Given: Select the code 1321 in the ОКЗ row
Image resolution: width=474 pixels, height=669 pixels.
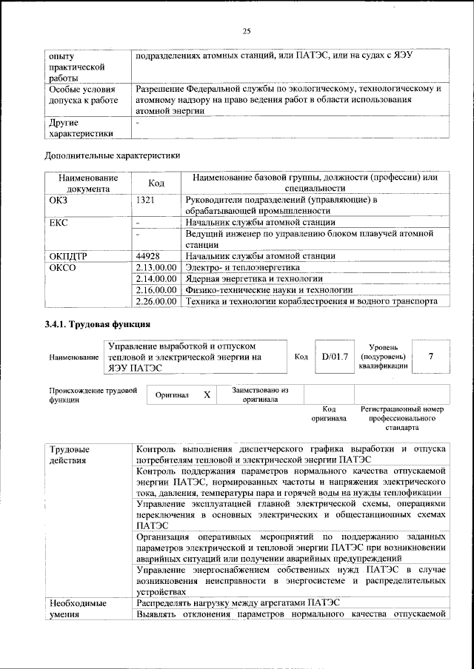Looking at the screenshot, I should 145,200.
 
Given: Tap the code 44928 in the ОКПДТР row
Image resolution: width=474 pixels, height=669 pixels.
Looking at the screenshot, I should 149,255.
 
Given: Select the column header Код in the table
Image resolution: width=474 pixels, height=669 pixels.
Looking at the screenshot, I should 156,183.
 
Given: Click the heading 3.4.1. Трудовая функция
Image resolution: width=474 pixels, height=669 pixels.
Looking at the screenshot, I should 98,325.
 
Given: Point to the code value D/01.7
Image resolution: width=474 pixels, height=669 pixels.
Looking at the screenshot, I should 334,357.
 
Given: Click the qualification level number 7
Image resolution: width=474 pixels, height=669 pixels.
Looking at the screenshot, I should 430,357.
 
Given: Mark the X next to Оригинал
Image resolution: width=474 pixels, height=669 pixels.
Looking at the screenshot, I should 207,395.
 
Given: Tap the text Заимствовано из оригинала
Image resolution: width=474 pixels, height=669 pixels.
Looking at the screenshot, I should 259,394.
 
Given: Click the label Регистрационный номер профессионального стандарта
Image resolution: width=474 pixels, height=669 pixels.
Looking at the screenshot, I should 401,418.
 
